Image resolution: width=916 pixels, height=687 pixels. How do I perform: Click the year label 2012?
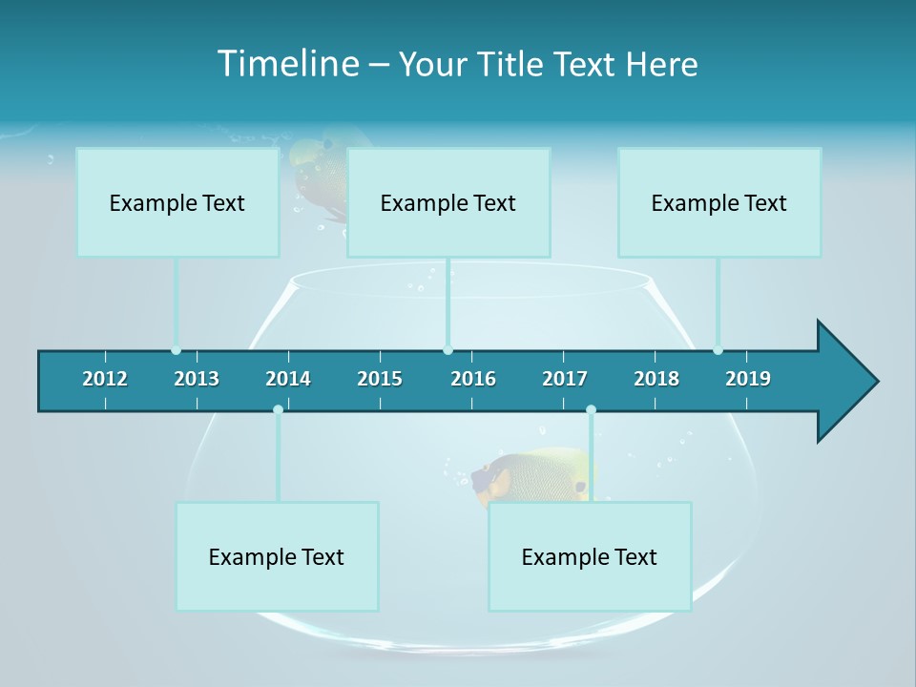tap(105, 379)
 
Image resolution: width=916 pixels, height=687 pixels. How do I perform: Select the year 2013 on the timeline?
tap(197, 379)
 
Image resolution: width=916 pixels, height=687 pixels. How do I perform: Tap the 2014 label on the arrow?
tap(288, 379)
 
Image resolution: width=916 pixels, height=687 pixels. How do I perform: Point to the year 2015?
tap(380, 379)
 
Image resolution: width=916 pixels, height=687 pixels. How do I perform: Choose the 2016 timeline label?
tap(473, 379)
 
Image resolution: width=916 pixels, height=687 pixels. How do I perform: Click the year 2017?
tap(565, 379)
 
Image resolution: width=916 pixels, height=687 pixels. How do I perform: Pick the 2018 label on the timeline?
tap(656, 379)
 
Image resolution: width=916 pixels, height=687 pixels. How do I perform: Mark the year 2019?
tap(748, 379)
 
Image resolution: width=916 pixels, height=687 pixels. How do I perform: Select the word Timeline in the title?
tap(287, 64)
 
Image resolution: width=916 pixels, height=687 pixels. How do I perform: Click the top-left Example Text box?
tap(177, 202)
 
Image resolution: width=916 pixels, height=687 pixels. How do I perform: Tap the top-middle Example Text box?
tap(448, 202)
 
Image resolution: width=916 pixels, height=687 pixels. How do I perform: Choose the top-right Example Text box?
tap(719, 202)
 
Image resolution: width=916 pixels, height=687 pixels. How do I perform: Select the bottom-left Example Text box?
tap(277, 556)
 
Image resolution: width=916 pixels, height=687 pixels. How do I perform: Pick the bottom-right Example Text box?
tap(590, 556)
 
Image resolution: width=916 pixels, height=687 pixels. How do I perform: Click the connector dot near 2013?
tap(176, 350)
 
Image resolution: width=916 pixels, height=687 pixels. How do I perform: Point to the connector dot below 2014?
tap(278, 409)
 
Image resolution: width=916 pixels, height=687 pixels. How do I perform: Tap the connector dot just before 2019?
tap(718, 350)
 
